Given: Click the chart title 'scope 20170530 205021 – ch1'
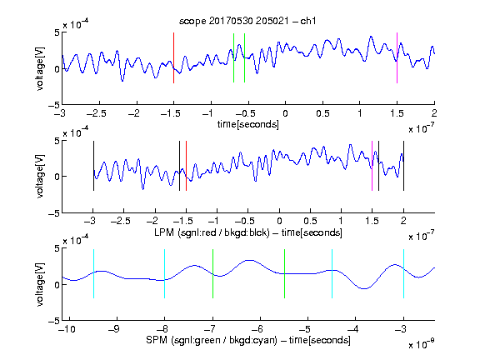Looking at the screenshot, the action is tap(247, 21).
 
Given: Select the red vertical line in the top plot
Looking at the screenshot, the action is tap(173, 57).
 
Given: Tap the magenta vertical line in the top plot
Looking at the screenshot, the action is tap(397, 57).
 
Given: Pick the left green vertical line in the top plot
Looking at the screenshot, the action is tap(233, 57).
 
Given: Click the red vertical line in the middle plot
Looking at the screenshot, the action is tap(186, 166).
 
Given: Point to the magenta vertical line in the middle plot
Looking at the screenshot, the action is tap(372, 166).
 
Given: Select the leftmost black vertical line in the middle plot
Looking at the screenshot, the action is tap(93, 166).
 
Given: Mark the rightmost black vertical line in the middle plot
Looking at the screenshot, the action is tap(403, 166).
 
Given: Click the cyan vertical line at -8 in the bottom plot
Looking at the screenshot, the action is tap(164, 273).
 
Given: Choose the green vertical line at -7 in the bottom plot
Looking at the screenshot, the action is tap(212, 273).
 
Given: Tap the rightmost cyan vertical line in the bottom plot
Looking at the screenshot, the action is tap(403, 273).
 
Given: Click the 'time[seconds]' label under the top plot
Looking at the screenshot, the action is tap(248, 124).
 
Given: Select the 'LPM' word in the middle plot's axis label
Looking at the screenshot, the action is tap(164, 232).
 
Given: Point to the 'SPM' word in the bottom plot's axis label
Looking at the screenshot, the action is tap(157, 340).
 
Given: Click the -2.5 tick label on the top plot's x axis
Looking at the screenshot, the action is tap(97, 113).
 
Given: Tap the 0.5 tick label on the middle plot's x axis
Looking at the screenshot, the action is tap(310, 221).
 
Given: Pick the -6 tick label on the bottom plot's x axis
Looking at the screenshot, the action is tap(259, 329).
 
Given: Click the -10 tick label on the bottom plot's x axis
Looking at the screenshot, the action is tap(67, 329).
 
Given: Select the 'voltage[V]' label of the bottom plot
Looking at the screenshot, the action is tap(40, 284).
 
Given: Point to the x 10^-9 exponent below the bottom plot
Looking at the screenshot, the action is tap(421, 344).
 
